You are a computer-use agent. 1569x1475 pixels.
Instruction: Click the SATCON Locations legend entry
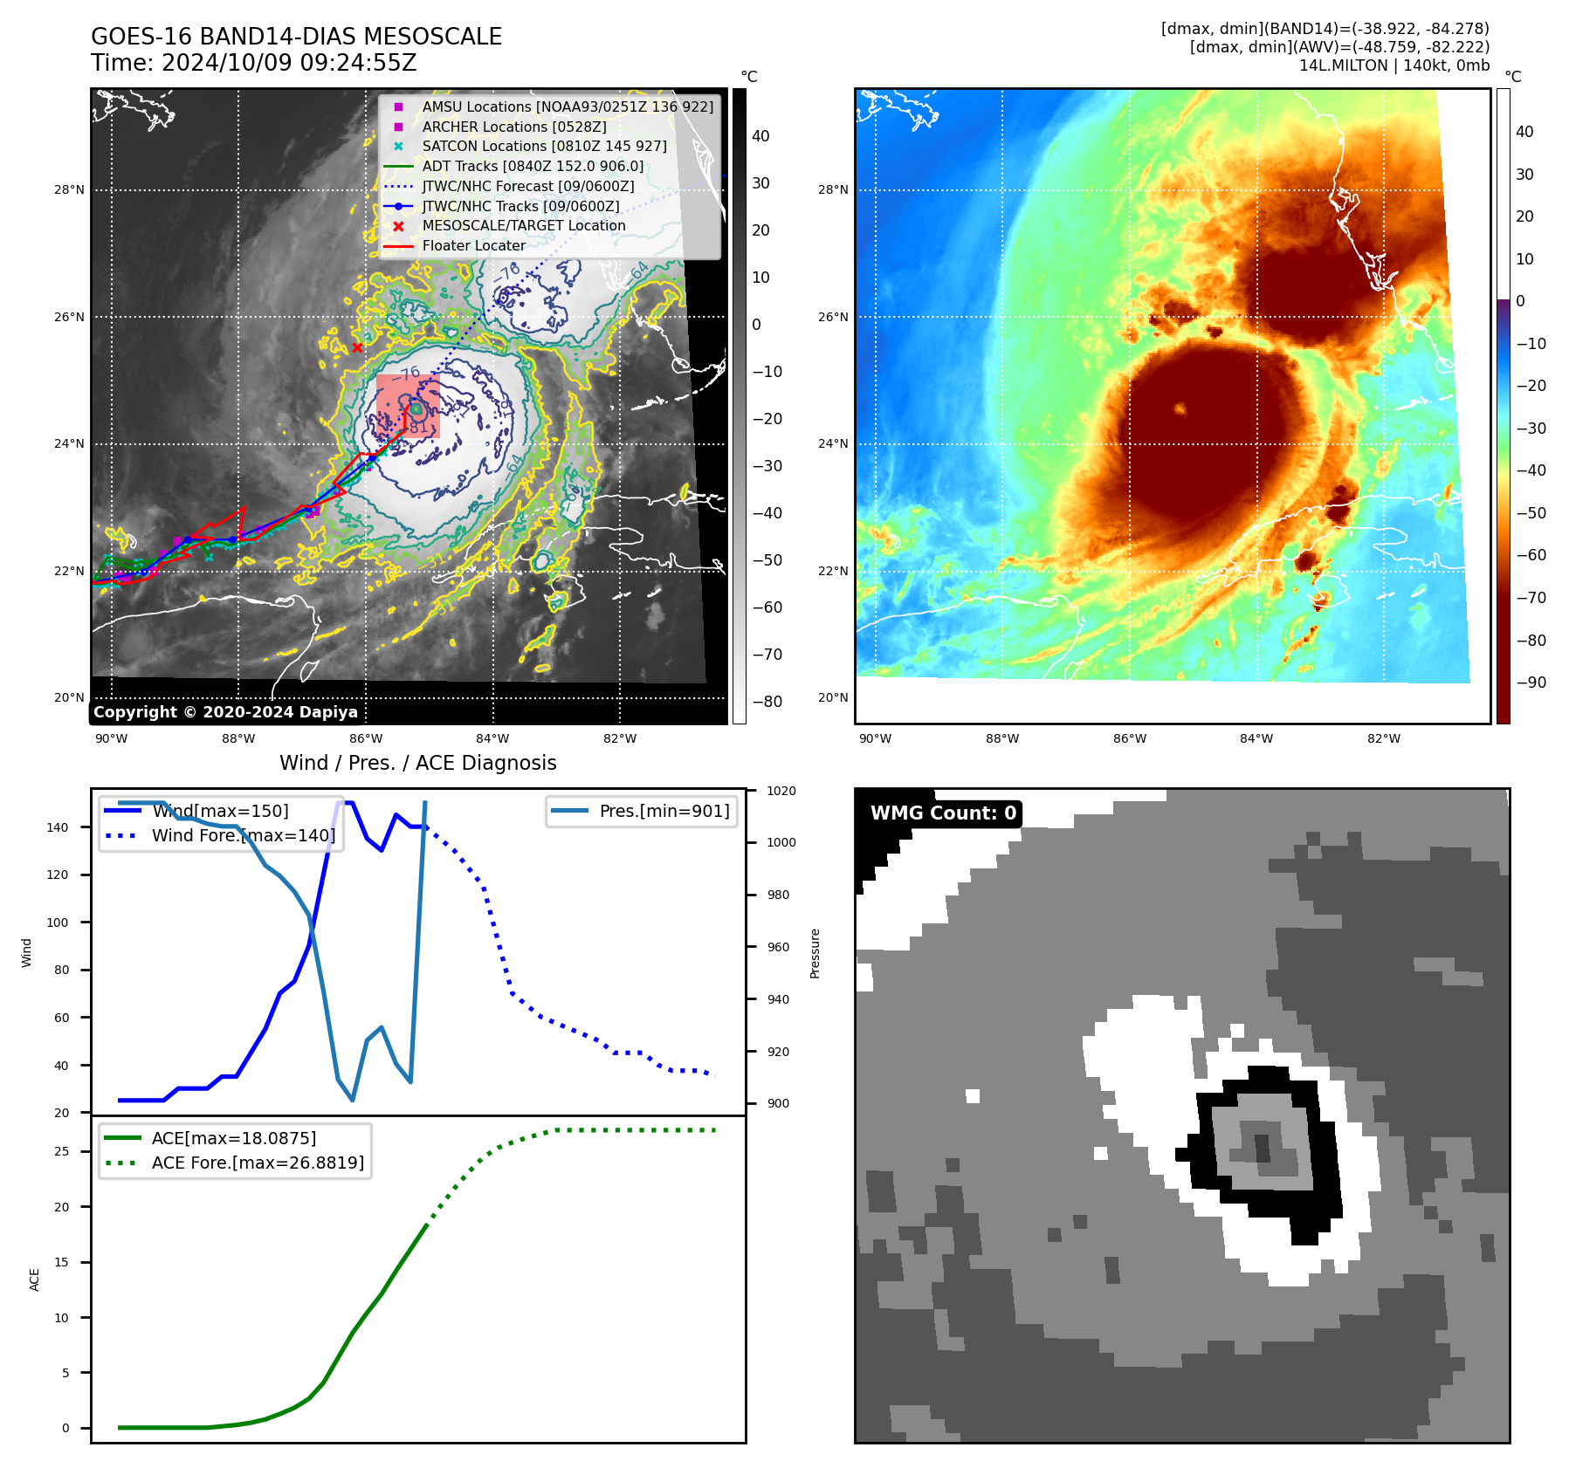coord(544,146)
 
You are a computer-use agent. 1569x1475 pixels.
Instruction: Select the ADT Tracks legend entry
coord(533,166)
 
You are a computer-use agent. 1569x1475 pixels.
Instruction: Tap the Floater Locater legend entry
coord(473,245)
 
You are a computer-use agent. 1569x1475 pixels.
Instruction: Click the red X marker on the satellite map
coord(357,347)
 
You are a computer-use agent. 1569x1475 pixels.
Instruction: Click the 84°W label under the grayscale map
coord(492,738)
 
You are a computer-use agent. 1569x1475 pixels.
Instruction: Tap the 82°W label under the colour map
coord(1383,738)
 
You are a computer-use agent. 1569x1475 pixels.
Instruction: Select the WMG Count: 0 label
coord(943,813)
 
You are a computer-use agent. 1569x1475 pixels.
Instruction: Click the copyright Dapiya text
coord(225,712)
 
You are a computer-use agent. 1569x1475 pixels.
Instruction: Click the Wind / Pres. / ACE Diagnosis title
coord(417,763)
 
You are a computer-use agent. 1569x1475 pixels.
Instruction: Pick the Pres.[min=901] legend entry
coord(664,811)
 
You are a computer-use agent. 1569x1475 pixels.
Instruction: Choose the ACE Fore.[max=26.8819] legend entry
coord(258,1163)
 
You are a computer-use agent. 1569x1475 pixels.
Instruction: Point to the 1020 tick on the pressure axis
coord(781,791)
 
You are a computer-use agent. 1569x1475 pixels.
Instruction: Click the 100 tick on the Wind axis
coord(58,923)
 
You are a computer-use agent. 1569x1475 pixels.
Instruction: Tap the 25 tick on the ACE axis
coord(61,1151)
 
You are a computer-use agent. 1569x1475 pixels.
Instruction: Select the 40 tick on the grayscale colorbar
coord(760,136)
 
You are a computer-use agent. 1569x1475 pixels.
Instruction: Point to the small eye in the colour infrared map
coord(1180,408)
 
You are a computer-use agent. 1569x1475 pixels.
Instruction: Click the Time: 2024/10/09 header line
coord(253,63)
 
